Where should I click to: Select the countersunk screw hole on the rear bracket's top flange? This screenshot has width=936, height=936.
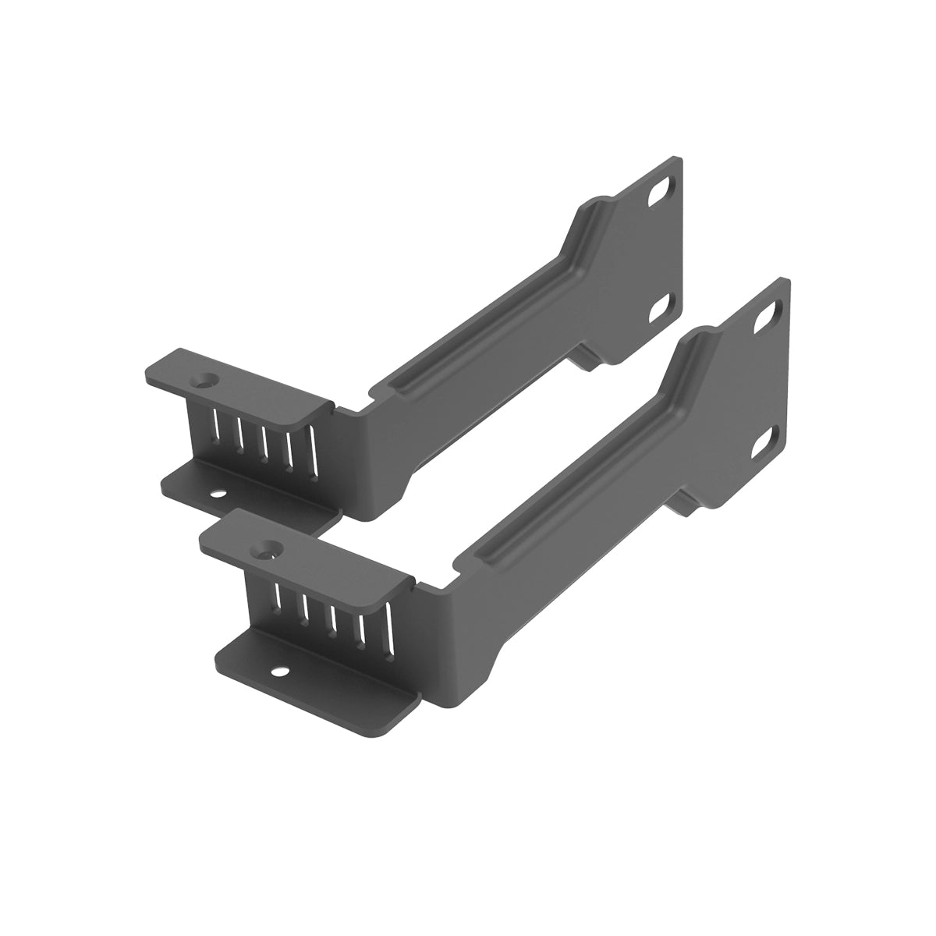tap(207, 382)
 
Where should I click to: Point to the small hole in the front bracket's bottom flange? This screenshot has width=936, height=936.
tap(277, 668)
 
